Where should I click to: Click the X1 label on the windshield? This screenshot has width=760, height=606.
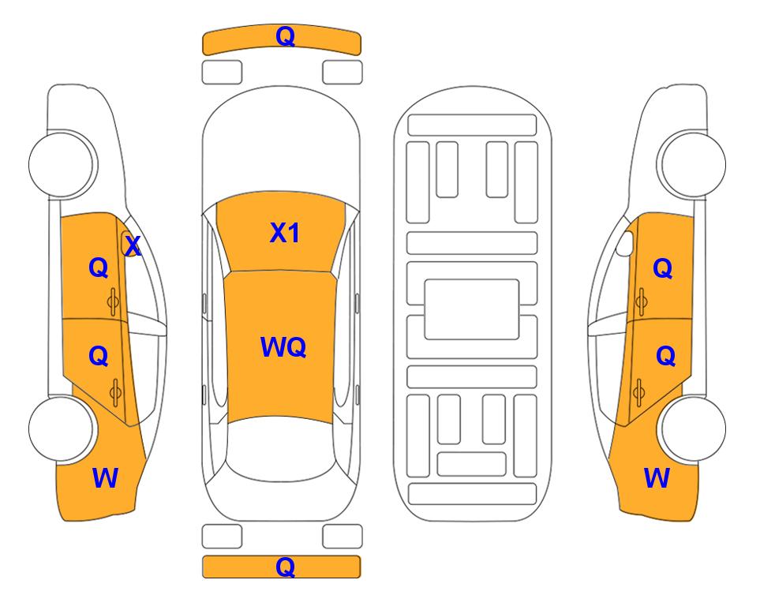pyautogui.click(x=285, y=233)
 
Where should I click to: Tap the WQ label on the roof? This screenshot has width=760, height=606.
pyautogui.click(x=283, y=347)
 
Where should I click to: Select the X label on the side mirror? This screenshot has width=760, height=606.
pyautogui.click(x=133, y=246)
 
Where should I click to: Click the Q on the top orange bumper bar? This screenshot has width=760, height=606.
pyautogui.click(x=285, y=36)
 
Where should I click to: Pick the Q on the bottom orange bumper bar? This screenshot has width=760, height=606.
pyautogui.click(x=285, y=567)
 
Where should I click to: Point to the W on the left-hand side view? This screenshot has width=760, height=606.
pyautogui.click(x=105, y=478)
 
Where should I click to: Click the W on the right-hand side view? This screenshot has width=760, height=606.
pyautogui.click(x=657, y=478)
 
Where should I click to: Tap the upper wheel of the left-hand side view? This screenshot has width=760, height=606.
pyautogui.click(x=62, y=164)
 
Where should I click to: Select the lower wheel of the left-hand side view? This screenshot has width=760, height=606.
pyautogui.click(x=62, y=428)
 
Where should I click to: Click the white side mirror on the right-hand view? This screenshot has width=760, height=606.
pyautogui.click(x=625, y=243)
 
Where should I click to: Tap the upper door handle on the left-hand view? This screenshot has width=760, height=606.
pyautogui.click(x=114, y=301)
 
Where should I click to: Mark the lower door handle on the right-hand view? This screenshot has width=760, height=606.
pyautogui.click(x=639, y=392)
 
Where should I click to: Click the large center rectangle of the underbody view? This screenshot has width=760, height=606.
pyautogui.click(x=472, y=309)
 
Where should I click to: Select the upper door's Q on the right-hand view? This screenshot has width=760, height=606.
pyautogui.click(x=663, y=268)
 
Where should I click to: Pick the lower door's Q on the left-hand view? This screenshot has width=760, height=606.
pyautogui.click(x=99, y=357)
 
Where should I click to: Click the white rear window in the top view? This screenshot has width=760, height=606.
pyautogui.click(x=280, y=449)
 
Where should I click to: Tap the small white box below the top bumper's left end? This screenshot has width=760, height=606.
pyautogui.click(x=222, y=73)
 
